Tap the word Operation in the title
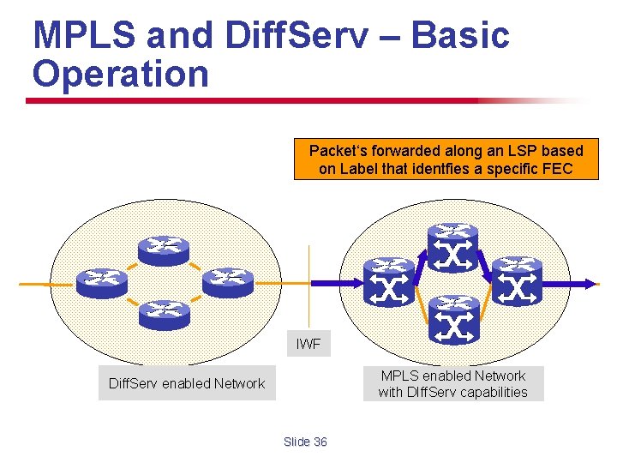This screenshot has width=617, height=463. pyautogui.click(x=120, y=74)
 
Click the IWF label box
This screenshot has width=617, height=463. pyautogui.click(x=308, y=344)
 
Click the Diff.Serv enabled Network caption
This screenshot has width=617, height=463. pyautogui.click(x=187, y=383)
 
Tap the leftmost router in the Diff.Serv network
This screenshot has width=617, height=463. pyautogui.click(x=102, y=281)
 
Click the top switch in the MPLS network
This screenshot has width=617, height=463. pyautogui.click(x=453, y=247)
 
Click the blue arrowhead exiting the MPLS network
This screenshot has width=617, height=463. pyautogui.click(x=590, y=283)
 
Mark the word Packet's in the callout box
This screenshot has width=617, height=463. pyautogui.click(x=337, y=151)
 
